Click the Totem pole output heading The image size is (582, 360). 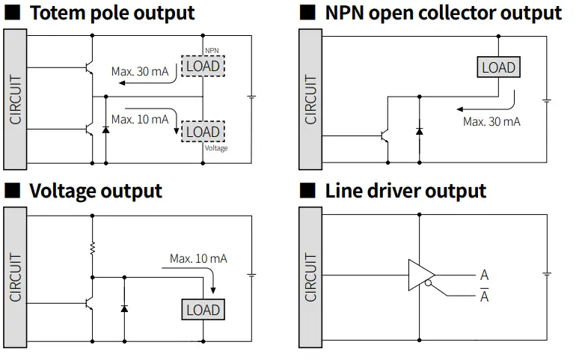pos(111,13)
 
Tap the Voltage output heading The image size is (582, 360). pos(95,190)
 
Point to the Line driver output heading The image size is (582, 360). pos(405,190)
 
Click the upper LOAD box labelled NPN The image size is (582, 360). pos(203,66)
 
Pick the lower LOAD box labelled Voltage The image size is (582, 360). pos(203,131)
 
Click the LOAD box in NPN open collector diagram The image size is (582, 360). pos(498,67)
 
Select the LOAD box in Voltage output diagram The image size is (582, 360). pos(203,309)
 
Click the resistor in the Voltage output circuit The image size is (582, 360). pos(93,248)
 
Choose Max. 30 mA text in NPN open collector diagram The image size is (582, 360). pos(491,121)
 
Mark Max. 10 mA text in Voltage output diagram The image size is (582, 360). pos(198,259)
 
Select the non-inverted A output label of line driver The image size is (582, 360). pos(484,275)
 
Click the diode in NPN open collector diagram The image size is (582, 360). pos(419,132)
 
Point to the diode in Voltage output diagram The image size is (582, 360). pos(124,308)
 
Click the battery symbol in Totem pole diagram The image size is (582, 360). pos(253,97)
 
